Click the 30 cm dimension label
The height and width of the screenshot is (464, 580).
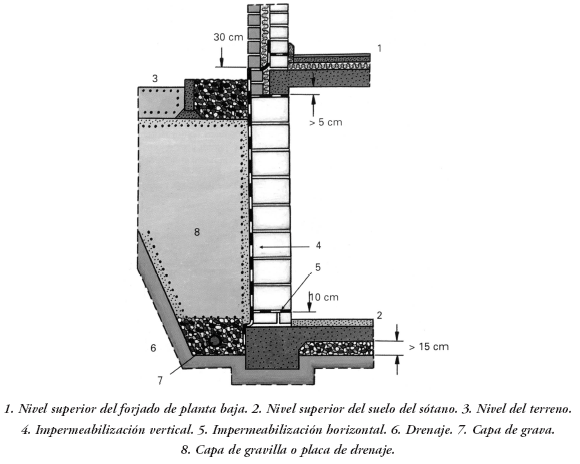point(228,37)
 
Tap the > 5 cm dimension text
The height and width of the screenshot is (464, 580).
point(326,122)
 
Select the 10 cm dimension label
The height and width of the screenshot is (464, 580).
point(324,297)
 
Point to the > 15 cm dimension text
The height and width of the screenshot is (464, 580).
point(429,347)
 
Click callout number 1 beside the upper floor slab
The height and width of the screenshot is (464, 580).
point(379,48)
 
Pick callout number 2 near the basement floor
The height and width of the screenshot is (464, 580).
point(379,315)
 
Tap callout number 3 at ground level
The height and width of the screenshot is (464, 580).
point(155,78)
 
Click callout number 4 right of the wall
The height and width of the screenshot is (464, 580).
point(318,245)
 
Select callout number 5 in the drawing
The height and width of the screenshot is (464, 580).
point(318,267)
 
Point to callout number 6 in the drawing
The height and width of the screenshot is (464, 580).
point(153,348)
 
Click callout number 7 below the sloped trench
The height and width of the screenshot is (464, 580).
point(160,380)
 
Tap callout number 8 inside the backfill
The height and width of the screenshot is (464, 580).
point(197,232)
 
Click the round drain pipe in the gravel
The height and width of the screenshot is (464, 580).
point(215,340)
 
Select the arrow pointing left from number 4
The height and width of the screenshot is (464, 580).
point(285,246)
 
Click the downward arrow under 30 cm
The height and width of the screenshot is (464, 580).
point(221,56)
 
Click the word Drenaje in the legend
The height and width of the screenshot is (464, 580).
point(426,430)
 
